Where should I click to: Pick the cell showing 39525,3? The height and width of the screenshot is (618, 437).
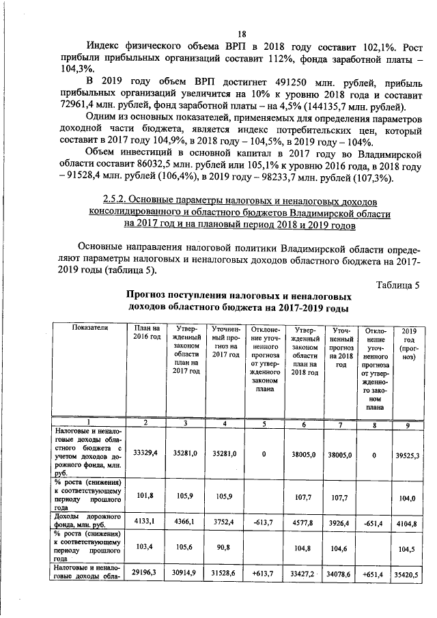[x=409, y=453]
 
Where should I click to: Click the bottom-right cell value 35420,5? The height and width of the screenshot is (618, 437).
[x=409, y=576]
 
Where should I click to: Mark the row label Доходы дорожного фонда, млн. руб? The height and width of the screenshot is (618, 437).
[x=87, y=522]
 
